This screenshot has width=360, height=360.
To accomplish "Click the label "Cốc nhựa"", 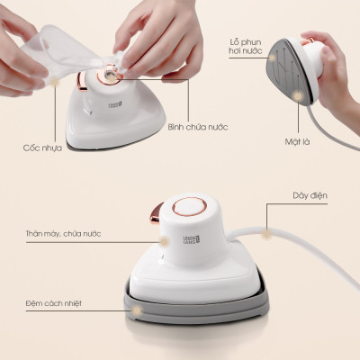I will [43, 147].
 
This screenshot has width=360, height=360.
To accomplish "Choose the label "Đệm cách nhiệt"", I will [55, 303].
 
